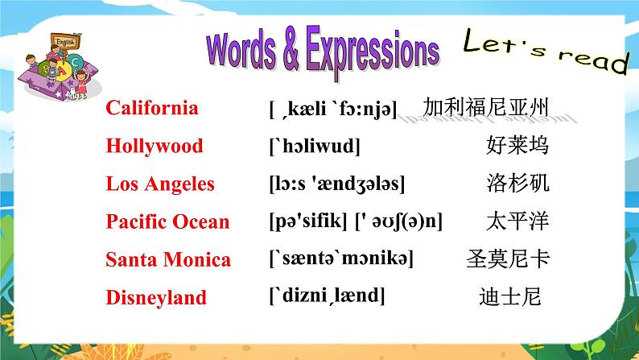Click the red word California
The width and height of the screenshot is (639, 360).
152,108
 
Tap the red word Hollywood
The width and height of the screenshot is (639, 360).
155,147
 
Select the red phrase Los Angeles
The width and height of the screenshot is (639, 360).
160,184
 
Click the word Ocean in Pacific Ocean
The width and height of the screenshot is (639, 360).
201,221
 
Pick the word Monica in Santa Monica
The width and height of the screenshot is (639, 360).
197,259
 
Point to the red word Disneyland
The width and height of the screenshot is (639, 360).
156,297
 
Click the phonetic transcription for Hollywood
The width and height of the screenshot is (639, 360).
315,146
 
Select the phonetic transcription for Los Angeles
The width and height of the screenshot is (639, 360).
337,184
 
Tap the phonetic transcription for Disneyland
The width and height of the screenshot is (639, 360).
327,296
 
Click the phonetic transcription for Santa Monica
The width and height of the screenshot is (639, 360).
341,259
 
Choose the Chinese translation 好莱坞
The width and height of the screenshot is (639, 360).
517,146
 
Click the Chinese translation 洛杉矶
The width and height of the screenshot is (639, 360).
517,183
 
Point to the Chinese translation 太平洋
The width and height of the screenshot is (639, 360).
517,221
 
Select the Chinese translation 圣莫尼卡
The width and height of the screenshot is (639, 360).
508,259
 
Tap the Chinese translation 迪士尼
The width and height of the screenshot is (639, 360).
510,297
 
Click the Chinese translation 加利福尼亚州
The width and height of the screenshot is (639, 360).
486,107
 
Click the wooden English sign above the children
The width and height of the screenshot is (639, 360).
66,42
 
